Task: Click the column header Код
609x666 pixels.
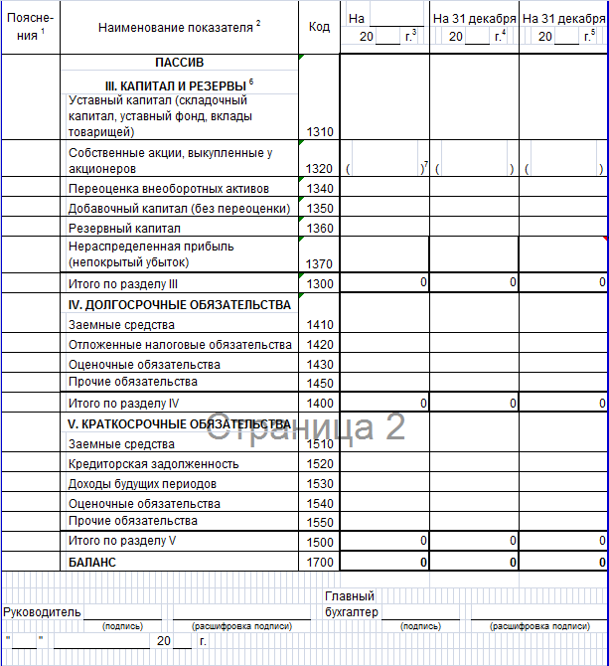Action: (x=320, y=27)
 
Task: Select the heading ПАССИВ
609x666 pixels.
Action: (x=179, y=64)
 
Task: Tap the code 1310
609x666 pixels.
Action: (x=320, y=131)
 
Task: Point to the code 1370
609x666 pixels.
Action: (x=320, y=263)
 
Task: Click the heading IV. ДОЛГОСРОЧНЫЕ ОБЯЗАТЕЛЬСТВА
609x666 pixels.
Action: (x=180, y=304)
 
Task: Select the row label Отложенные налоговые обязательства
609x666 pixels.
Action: (x=180, y=344)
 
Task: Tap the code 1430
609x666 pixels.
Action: (x=320, y=364)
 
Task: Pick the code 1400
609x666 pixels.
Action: (x=320, y=404)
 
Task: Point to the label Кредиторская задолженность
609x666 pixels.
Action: (x=153, y=463)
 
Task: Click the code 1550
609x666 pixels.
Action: (x=320, y=522)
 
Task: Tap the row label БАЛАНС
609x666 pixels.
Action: (x=92, y=562)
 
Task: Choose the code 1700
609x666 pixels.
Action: (x=320, y=563)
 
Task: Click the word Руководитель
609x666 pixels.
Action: (x=43, y=611)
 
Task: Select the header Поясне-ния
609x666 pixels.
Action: (x=29, y=26)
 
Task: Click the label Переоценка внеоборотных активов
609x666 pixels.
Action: (x=168, y=188)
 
